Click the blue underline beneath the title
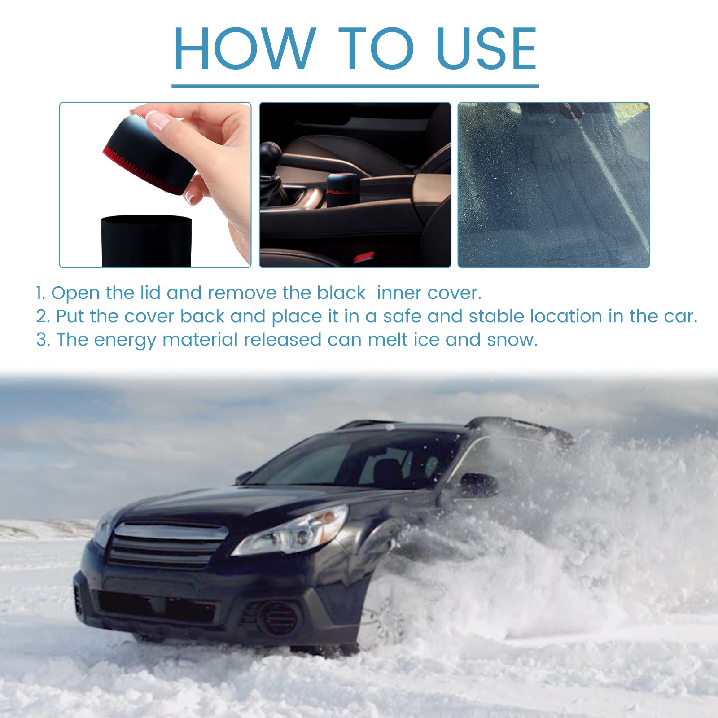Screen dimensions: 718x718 coord(355,85)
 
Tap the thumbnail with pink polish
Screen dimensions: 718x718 coord(154,120)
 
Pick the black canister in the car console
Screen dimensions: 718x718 coord(342,191)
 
